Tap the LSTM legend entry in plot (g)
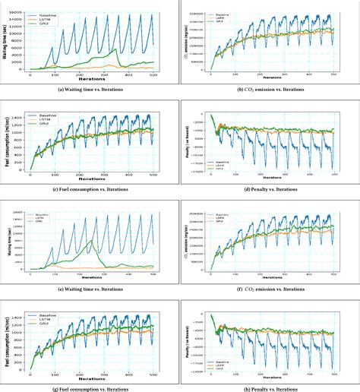[45, 311]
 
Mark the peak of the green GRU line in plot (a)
[115, 49]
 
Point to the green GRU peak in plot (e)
[91, 241]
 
